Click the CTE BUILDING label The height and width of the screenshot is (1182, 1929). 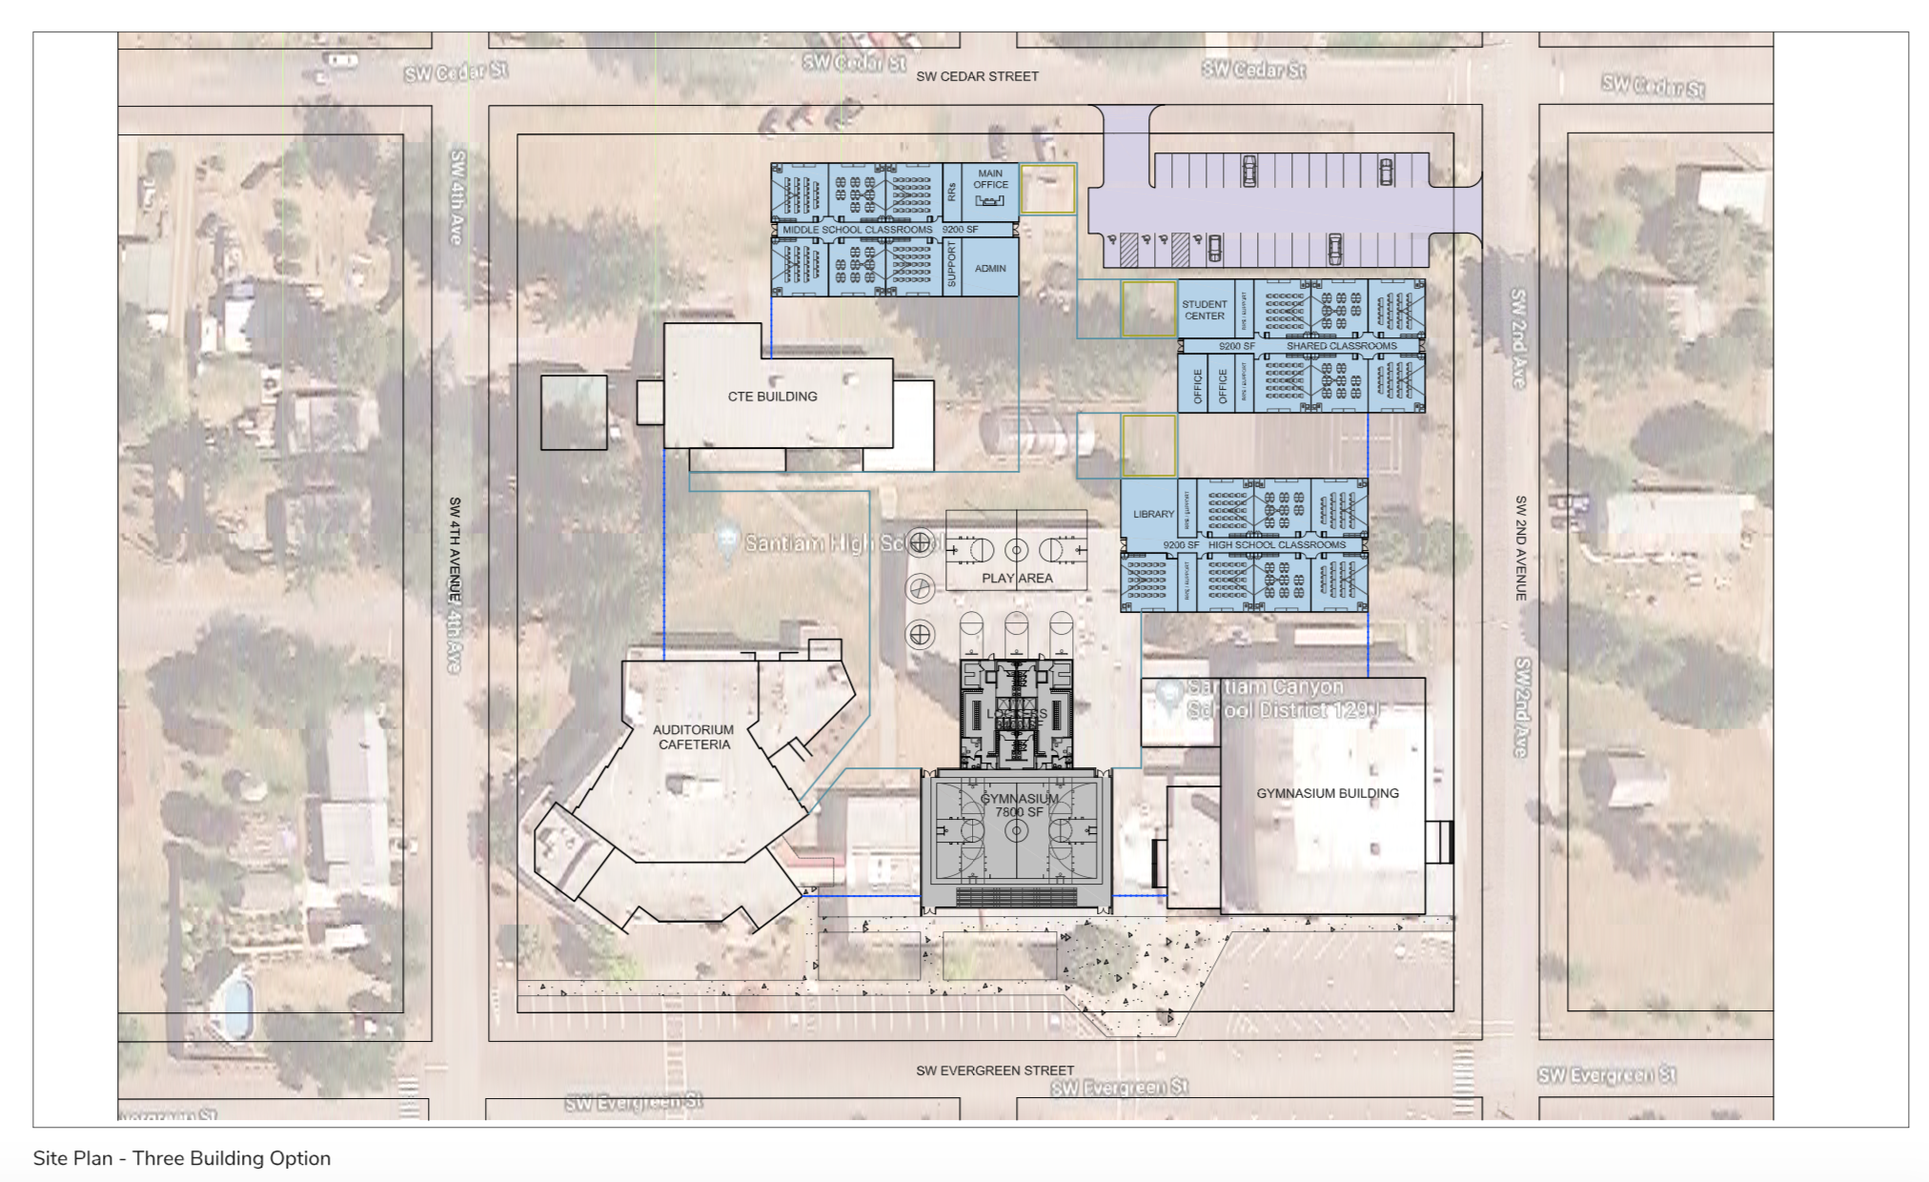coord(772,397)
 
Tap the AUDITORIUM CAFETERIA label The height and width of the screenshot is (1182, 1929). coord(694,737)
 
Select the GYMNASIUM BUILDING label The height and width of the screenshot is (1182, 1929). coord(1327,793)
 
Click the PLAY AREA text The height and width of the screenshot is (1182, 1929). coord(1017,578)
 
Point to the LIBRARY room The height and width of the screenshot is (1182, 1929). coord(1153,514)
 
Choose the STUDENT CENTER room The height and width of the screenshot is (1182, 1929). coord(1204,310)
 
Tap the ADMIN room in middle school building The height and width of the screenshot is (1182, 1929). coord(990,269)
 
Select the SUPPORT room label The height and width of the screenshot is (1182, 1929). coord(951,266)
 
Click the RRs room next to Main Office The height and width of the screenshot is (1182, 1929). coord(951,192)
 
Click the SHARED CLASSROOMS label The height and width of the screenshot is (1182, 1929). coord(1341,346)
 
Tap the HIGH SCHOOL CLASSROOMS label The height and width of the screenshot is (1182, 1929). coord(1276,545)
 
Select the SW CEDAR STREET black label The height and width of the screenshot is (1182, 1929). coord(977,76)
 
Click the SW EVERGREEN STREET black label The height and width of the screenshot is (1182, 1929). coord(994,1070)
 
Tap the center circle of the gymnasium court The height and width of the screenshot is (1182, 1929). coord(1016,831)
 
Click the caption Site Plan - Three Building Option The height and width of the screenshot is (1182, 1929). coord(182,1158)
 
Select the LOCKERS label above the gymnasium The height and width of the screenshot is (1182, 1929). coord(1016,713)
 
